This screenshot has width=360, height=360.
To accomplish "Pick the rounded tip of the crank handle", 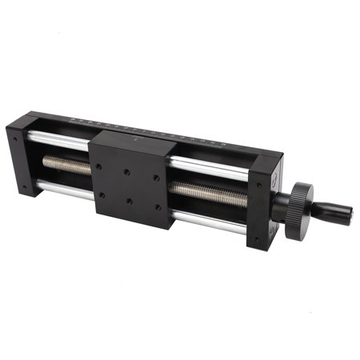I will [x=349, y=214].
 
